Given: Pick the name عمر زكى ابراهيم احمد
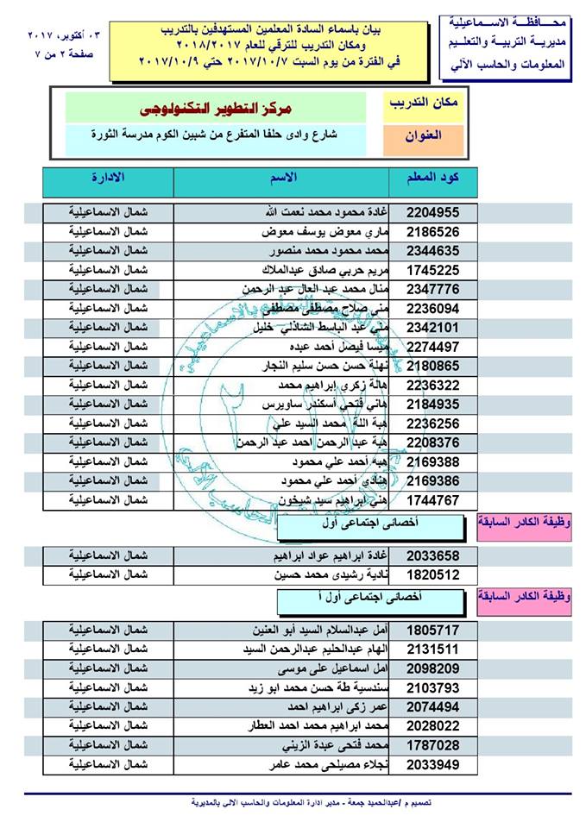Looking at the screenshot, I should [330, 707].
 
